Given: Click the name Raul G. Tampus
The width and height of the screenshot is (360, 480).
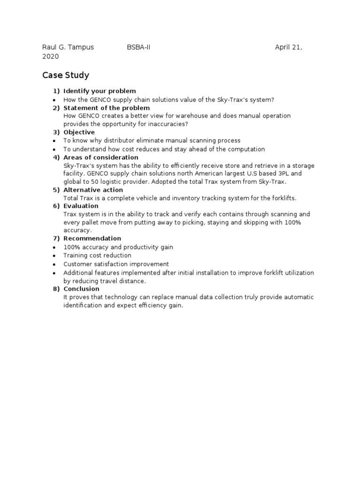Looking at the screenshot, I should click(68, 47).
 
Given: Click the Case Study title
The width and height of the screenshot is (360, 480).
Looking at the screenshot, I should click(66, 75).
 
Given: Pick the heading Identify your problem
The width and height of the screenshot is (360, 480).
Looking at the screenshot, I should click(100, 91).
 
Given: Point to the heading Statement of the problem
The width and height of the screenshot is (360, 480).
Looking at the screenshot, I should click(107, 108).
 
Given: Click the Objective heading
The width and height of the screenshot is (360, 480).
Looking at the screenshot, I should click(79, 132).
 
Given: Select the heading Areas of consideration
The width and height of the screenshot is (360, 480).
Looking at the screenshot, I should click(101, 157).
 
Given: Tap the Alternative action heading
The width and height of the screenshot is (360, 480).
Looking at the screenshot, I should click(93, 190).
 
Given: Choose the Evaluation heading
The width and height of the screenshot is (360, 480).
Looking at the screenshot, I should click(81, 206).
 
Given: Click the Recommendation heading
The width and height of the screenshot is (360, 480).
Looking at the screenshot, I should click(92, 239).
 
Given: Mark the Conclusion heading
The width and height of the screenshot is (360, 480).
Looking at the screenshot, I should click(82, 289).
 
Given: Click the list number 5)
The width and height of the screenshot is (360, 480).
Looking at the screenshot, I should click(56, 190).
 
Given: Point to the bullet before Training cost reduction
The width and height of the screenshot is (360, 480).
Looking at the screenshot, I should click(55, 255).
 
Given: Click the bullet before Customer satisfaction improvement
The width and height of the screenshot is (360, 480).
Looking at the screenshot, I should click(55, 264).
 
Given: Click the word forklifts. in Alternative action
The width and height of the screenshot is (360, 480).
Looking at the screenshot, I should click(283, 198).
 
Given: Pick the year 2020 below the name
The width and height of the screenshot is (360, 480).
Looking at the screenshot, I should click(51, 56).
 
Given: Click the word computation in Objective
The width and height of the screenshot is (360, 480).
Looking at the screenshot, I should click(246, 149).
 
